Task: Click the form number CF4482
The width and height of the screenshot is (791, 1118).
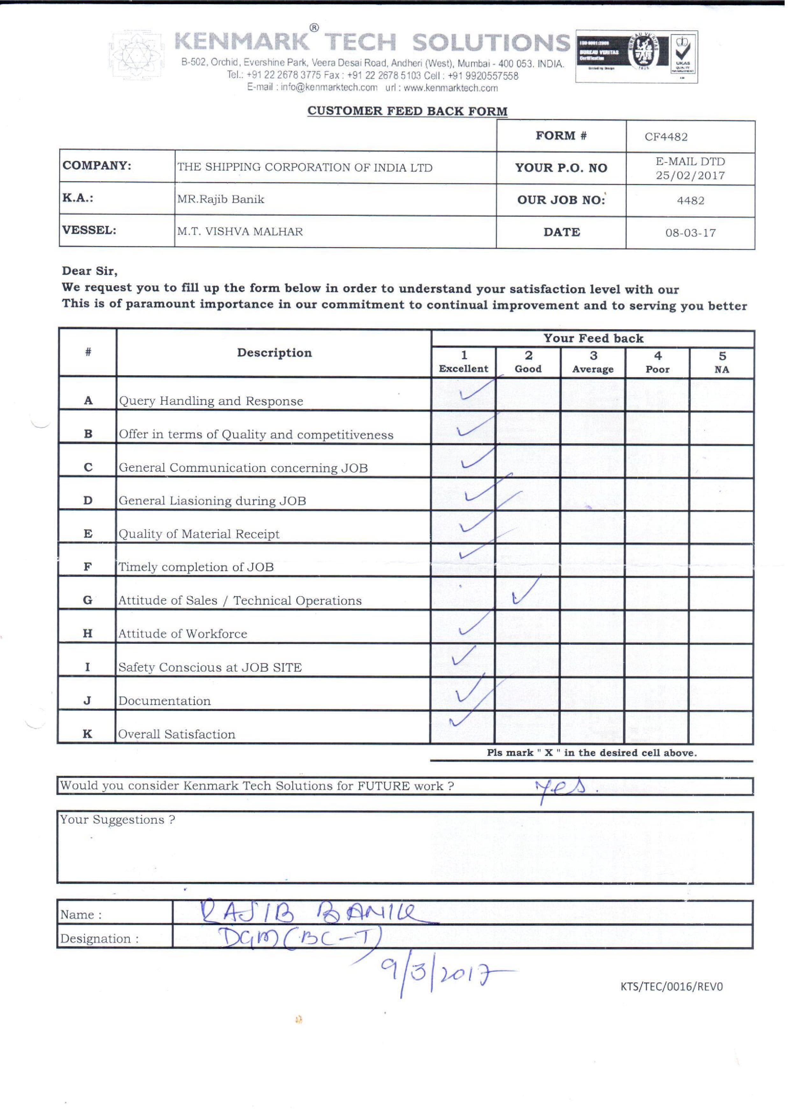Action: coord(671,137)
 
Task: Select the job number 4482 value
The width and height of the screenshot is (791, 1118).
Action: coord(696,202)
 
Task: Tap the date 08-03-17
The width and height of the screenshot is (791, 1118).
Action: coord(696,234)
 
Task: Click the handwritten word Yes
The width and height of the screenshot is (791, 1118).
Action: coord(565,792)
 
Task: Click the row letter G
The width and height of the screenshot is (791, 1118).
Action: coord(88,605)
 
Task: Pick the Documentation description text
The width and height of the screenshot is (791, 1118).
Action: coord(166,706)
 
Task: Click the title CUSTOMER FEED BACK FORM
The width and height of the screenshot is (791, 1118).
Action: coord(410,112)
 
